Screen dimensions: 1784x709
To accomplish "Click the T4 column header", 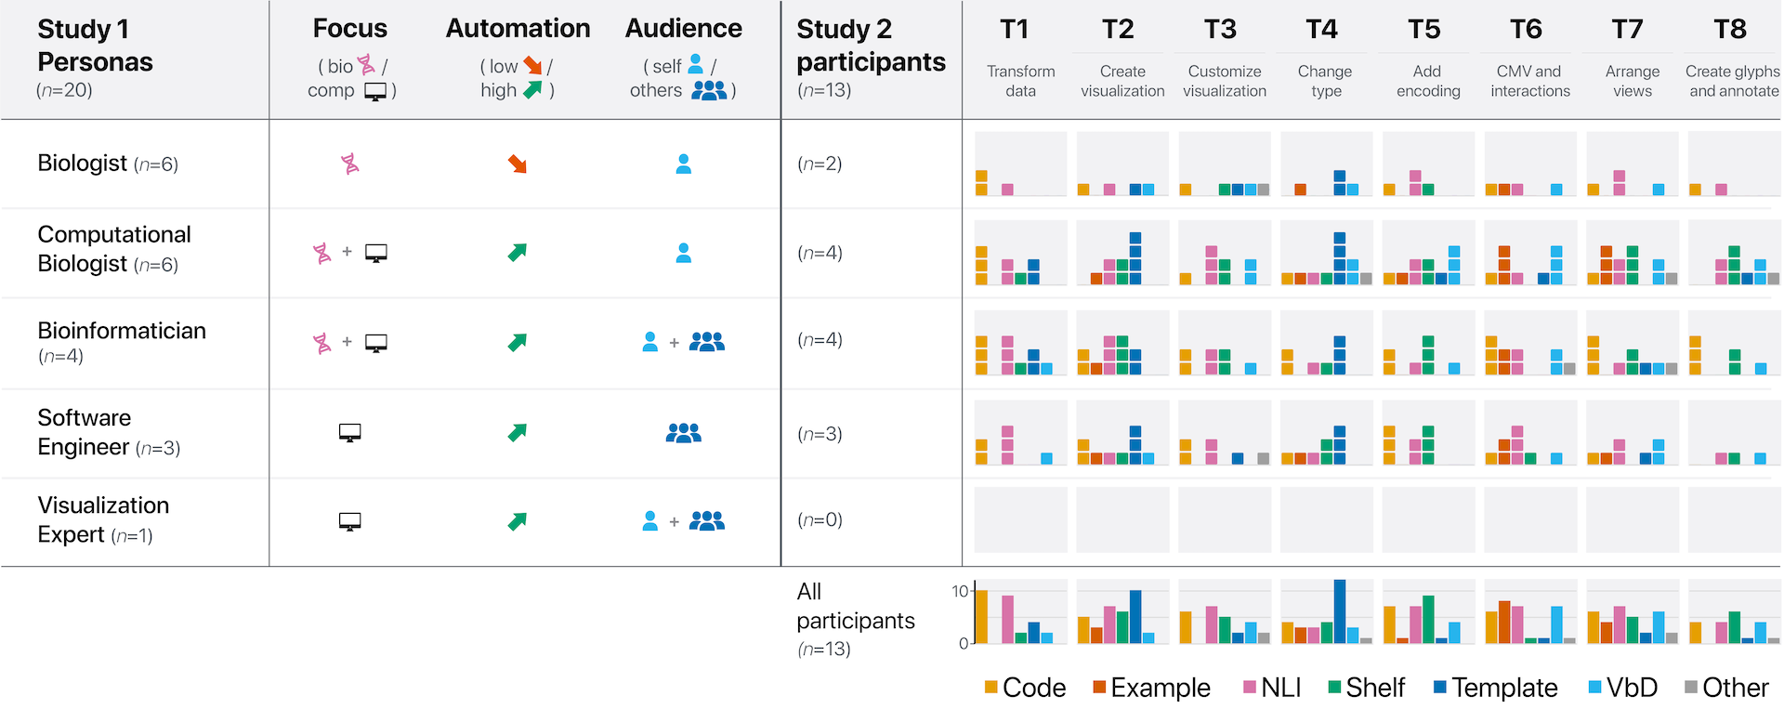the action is point(1321,30).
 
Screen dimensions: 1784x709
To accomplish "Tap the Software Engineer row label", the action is point(109,432).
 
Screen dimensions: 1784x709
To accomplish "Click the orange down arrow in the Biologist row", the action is point(518,164).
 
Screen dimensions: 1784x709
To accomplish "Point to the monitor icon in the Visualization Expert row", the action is point(350,521).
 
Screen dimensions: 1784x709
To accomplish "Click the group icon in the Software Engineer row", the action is point(684,432).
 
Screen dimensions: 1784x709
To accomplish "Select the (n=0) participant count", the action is point(820,520).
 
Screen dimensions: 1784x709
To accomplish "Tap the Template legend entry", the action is point(1495,688).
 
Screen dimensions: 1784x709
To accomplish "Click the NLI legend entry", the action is point(1272,688).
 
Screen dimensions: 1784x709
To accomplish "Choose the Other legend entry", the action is point(1726,688).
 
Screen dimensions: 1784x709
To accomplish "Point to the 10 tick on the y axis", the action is point(960,591).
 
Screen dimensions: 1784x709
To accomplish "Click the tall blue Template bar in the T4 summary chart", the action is point(1340,611).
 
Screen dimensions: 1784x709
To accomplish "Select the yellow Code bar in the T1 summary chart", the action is point(981,617).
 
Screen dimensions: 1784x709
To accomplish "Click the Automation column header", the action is point(518,29).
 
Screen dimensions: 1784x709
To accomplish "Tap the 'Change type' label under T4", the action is point(1326,81).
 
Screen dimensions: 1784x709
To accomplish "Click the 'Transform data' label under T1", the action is point(1021,81).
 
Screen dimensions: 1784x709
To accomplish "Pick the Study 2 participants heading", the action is point(871,46).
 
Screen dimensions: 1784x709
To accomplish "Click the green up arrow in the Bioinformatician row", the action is point(518,342).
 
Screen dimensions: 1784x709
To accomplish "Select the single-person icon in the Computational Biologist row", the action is point(684,253).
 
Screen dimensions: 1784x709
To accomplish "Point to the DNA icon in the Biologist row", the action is point(350,164).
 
